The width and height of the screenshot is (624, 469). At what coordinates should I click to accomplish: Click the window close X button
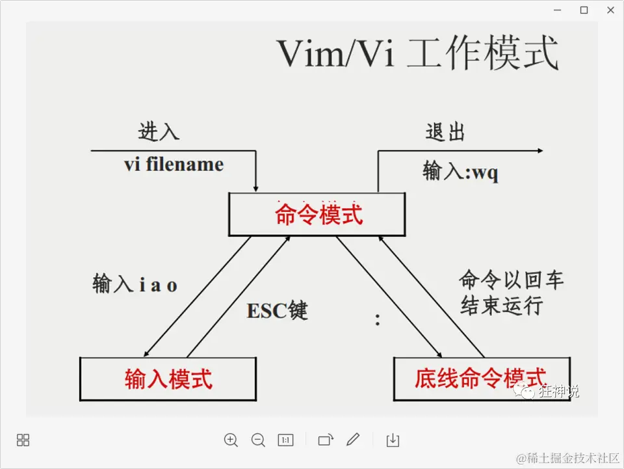(610, 10)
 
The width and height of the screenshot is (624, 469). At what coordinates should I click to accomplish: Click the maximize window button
(584, 10)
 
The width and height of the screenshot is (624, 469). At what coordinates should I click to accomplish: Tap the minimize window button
(557, 10)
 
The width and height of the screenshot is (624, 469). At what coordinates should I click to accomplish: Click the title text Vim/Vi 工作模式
(418, 53)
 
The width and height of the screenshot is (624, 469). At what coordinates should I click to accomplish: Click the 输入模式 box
(168, 379)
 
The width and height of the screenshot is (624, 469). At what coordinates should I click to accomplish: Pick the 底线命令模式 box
(481, 379)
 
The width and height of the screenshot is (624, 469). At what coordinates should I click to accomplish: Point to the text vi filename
(174, 165)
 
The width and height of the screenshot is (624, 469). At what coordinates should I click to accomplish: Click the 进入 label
(159, 132)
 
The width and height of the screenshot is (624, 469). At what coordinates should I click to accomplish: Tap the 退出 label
(446, 132)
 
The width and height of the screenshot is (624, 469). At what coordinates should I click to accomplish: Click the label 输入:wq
(461, 172)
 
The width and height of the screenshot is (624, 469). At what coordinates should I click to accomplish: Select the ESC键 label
(277, 311)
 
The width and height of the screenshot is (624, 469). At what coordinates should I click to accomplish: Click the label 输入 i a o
(135, 285)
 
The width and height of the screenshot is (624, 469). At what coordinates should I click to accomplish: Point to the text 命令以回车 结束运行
(511, 293)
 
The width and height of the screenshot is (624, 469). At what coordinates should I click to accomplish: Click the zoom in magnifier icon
(231, 440)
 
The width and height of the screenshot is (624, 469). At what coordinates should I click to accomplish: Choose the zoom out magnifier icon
(258, 440)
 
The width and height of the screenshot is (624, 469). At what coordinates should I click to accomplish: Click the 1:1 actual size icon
(285, 440)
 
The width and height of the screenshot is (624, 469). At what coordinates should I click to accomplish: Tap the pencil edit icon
(353, 440)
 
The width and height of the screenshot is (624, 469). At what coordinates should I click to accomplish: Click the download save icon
(393, 440)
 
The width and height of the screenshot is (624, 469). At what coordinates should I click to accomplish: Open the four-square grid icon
(23, 440)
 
